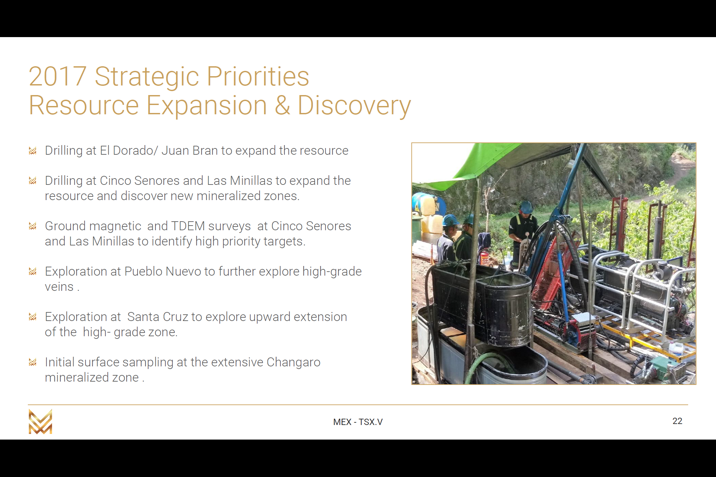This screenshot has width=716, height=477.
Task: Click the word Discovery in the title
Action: point(354,105)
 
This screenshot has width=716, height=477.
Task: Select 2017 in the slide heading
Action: point(58,77)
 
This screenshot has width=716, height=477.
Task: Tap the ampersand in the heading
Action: point(282,105)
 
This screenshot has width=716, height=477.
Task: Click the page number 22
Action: point(677,421)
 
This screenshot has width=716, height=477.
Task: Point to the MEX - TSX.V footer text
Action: point(358,422)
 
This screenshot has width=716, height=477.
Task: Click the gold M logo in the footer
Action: point(40,421)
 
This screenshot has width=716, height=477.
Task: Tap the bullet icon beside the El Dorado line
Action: point(32,151)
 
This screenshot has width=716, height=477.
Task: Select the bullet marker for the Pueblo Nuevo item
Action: point(32,272)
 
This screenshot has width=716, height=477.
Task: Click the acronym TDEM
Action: point(188,226)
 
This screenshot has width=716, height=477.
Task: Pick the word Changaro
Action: point(293,362)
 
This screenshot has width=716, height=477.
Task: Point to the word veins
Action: point(59,287)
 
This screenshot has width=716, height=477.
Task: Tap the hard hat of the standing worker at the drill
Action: point(526,207)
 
